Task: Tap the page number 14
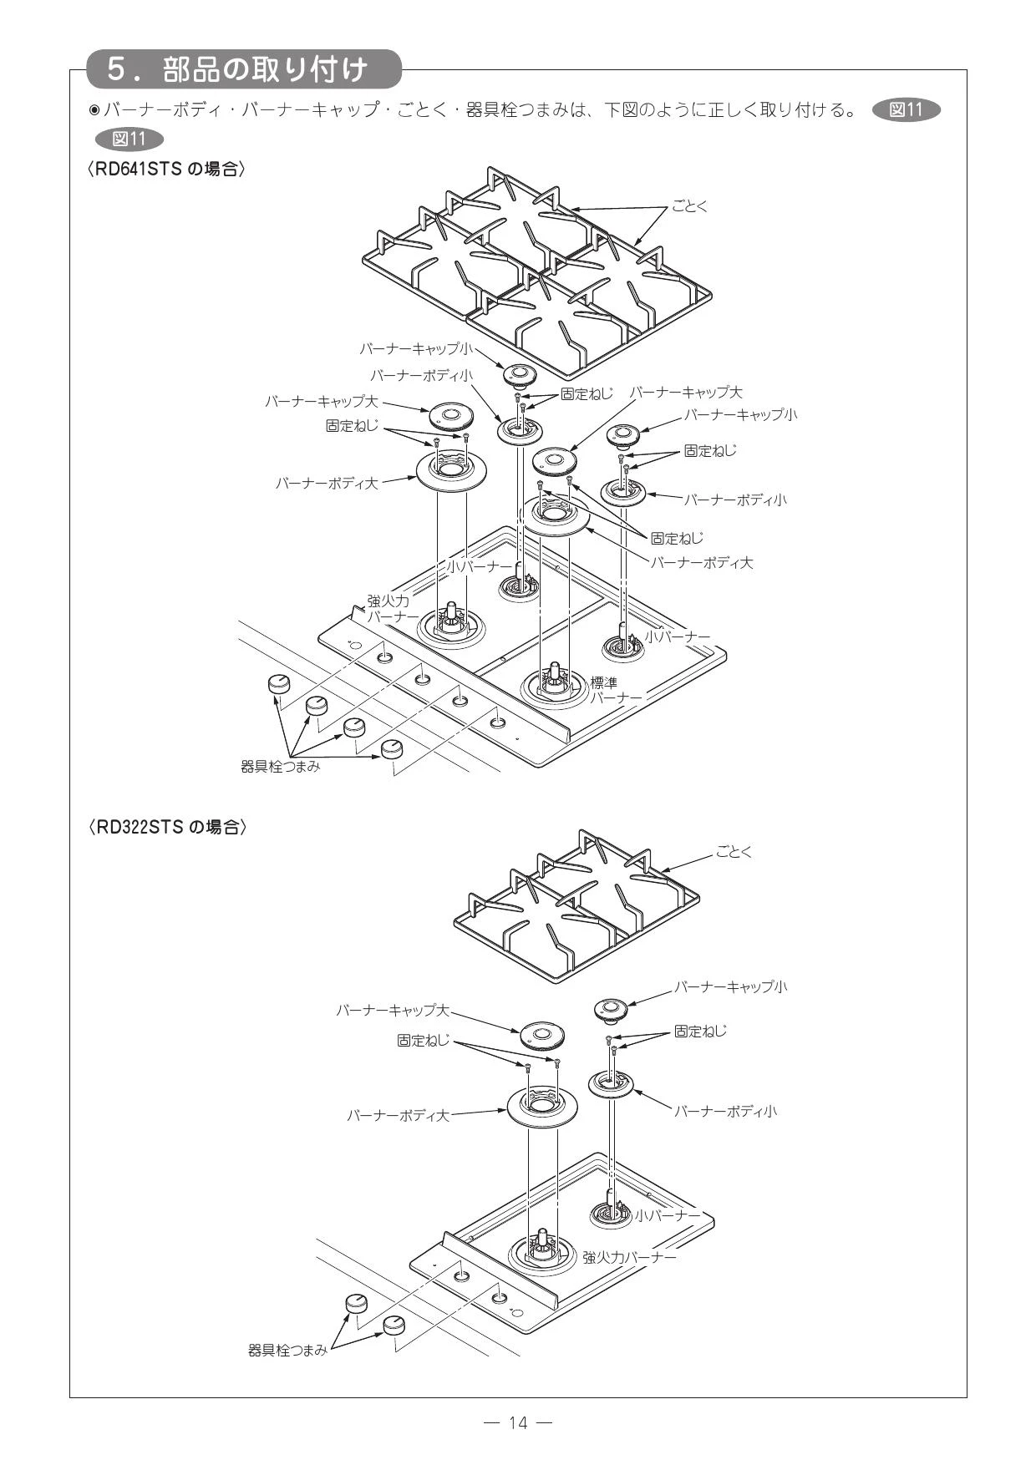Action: pyautogui.click(x=518, y=1422)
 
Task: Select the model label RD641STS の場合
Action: pyautogui.click(x=167, y=169)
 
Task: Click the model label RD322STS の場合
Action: pyautogui.click(x=167, y=827)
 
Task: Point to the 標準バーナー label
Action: pyautogui.click(x=617, y=690)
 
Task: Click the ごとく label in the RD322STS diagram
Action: pyautogui.click(x=734, y=852)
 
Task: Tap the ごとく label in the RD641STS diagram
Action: pyautogui.click(x=689, y=205)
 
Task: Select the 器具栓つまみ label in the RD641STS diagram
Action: pyautogui.click(x=281, y=766)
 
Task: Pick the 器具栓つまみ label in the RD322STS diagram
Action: pyautogui.click(x=288, y=1350)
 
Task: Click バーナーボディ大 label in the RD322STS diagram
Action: pyautogui.click(x=399, y=1115)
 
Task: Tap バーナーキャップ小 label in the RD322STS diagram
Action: pyautogui.click(x=730, y=987)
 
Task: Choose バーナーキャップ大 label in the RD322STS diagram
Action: pyautogui.click(x=393, y=1011)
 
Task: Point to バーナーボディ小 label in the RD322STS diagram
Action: pyautogui.click(x=725, y=1111)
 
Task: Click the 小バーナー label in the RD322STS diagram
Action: pyautogui.click(x=667, y=1215)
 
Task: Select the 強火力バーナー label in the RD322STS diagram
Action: pyautogui.click(x=629, y=1257)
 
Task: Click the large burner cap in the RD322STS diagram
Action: pyautogui.click(x=541, y=1037)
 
